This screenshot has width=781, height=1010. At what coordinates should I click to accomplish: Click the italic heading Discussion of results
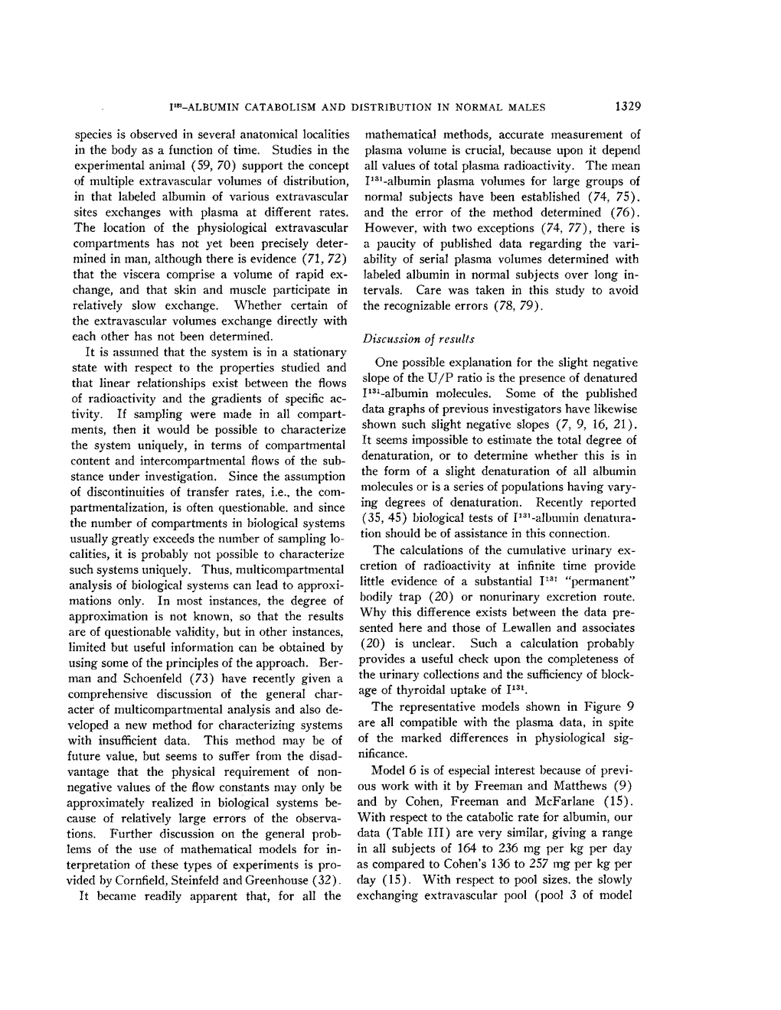[419, 338]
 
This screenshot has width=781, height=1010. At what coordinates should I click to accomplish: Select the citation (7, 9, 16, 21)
[593, 425]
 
